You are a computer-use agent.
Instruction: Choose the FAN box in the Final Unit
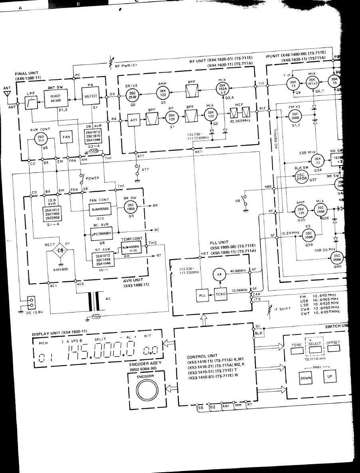66,138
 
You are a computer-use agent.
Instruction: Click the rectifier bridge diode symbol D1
61,251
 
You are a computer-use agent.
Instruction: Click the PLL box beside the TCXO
202,295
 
